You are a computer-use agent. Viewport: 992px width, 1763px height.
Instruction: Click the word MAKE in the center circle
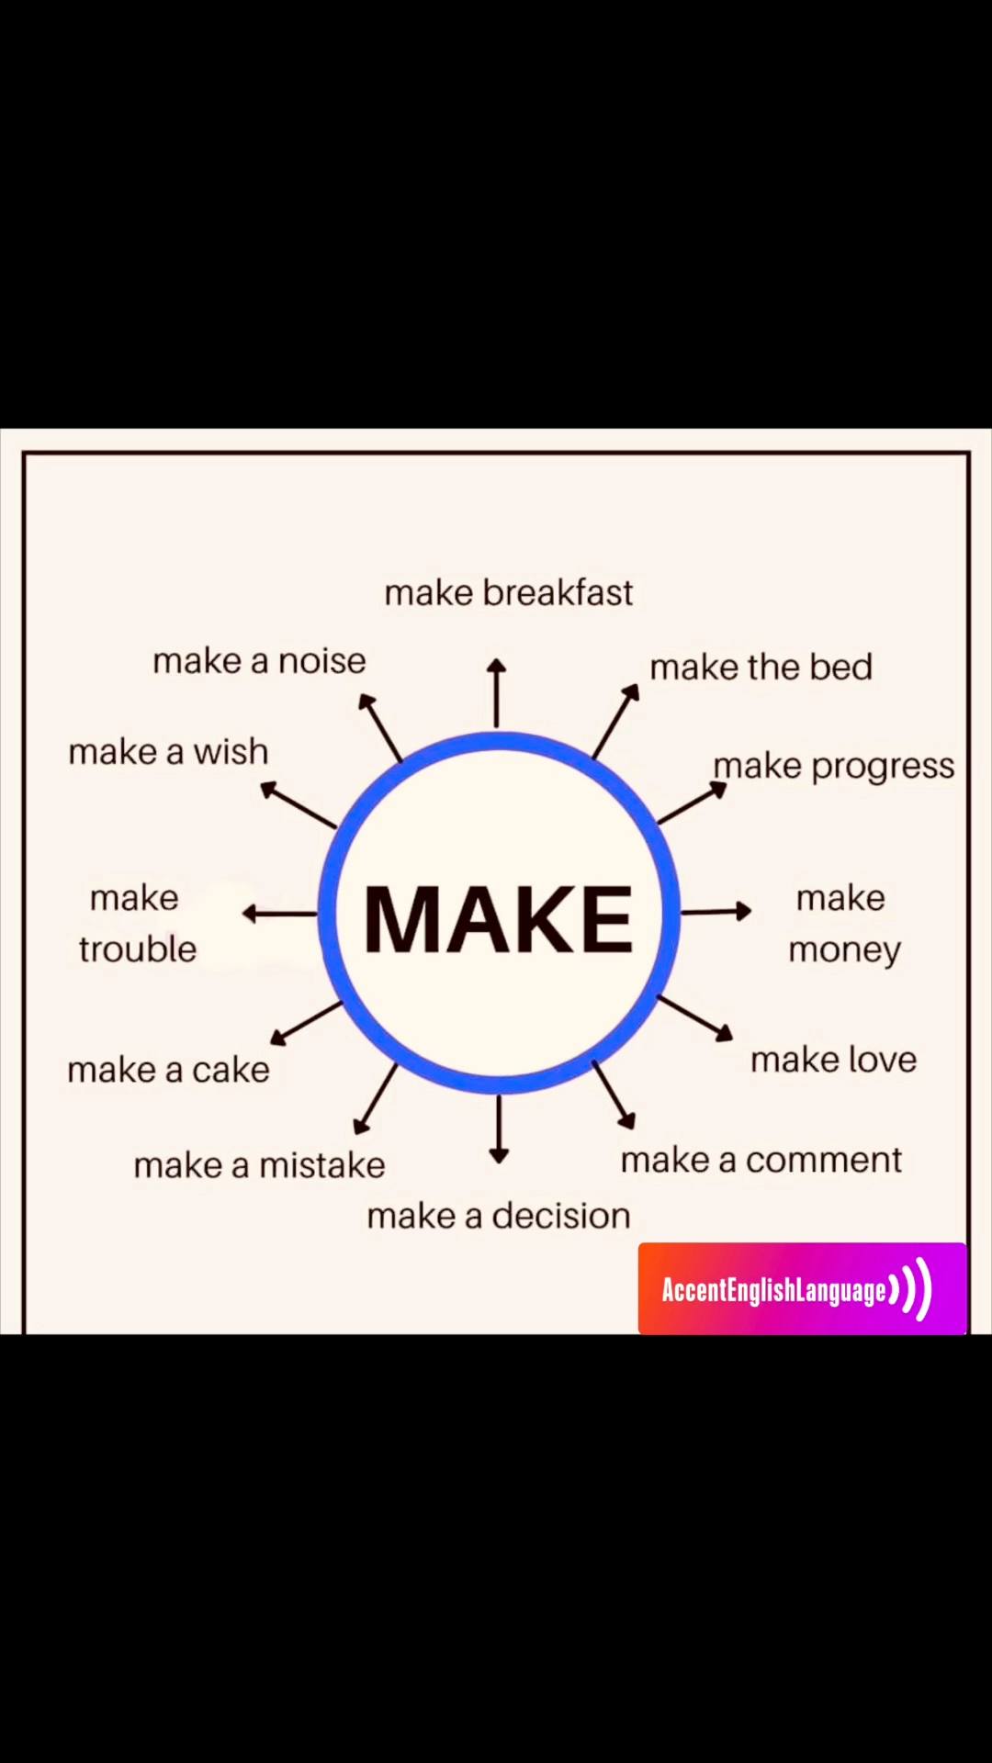pyautogui.click(x=498, y=919)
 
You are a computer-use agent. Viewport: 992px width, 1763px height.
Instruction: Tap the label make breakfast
pyautogui.click(x=509, y=593)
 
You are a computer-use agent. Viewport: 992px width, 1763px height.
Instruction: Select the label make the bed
pyautogui.click(x=761, y=668)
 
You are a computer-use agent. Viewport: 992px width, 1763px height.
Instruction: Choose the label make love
pyautogui.click(x=833, y=1060)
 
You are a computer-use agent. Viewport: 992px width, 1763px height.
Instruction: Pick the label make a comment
pyautogui.click(x=761, y=1160)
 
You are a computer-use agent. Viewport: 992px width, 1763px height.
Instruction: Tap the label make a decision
pyautogui.click(x=499, y=1216)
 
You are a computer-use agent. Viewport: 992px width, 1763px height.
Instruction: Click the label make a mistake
pyautogui.click(x=259, y=1165)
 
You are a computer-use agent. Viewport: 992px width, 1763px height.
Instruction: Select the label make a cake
pyautogui.click(x=168, y=1070)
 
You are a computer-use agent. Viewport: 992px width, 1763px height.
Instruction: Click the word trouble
pyautogui.click(x=138, y=949)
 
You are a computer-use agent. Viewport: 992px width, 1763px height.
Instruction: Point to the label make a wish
pyautogui.click(x=168, y=752)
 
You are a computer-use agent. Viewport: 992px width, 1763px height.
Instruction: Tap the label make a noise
pyautogui.click(x=259, y=661)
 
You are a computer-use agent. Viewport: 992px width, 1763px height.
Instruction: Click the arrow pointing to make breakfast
pyautogui.click(x=497, y=693)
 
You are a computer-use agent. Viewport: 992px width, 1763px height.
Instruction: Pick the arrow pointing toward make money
pyautogui.click(x=716, y=911)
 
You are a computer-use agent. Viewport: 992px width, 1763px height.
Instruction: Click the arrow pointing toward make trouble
pyautogui.click(x=279, y=914)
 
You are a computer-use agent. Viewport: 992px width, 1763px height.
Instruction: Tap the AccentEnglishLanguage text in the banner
pyautogui.click(x=773, y=1290)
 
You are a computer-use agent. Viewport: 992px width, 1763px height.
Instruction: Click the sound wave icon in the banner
pyautogui.click(x=911, y=1289)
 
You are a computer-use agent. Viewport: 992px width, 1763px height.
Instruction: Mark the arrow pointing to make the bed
pyautogui.click(x=616, y=721)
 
